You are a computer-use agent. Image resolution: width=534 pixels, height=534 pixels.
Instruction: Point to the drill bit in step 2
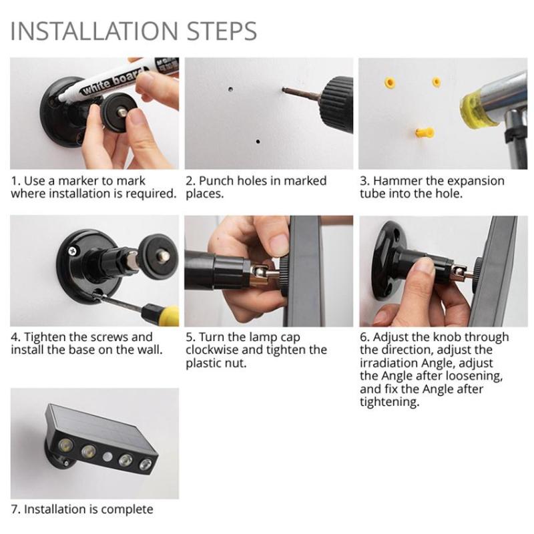point(300,93)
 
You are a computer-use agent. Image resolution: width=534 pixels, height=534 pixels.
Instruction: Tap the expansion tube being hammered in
point(424,131)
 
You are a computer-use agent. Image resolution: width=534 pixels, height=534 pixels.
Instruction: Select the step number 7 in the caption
point(14,509)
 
